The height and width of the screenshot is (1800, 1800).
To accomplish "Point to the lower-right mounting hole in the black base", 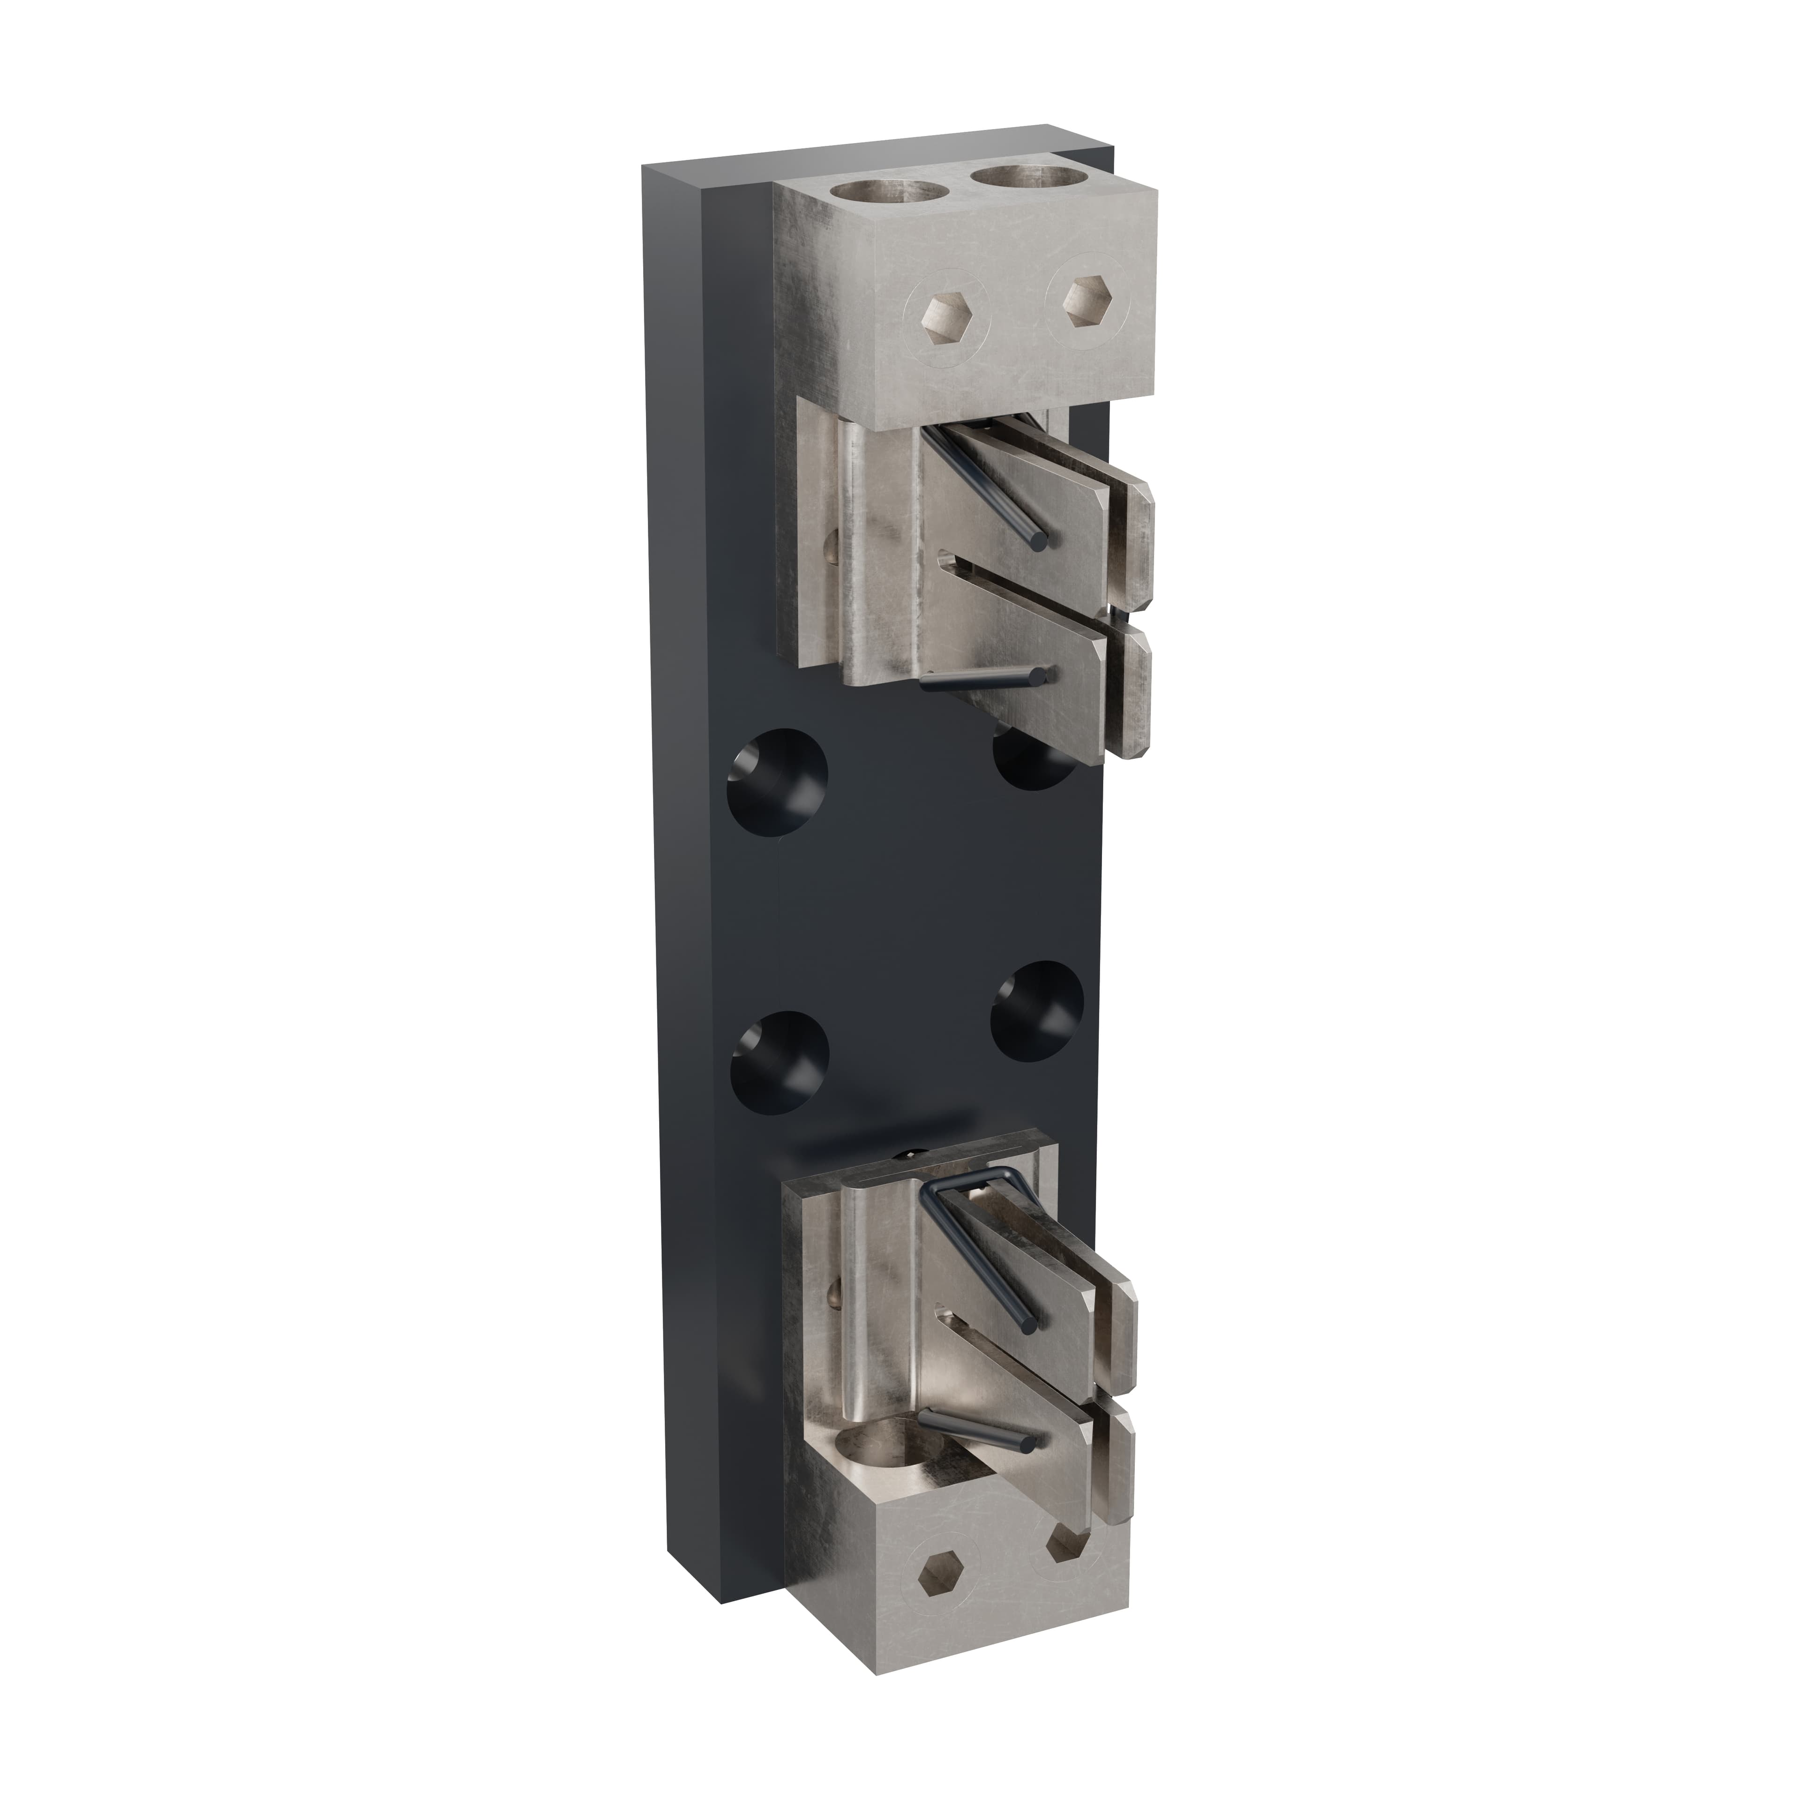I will click(1037, 1011).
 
